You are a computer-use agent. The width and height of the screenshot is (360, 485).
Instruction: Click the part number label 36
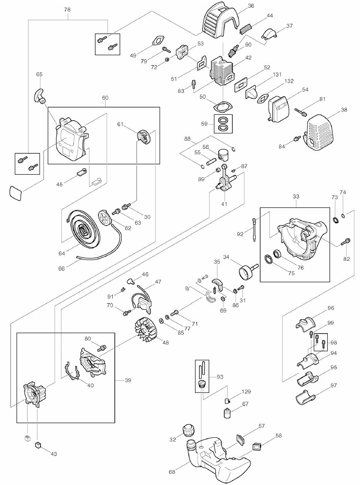point(251,6)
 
